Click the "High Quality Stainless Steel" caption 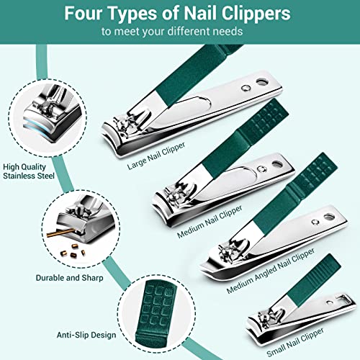(x=29, y=170)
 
